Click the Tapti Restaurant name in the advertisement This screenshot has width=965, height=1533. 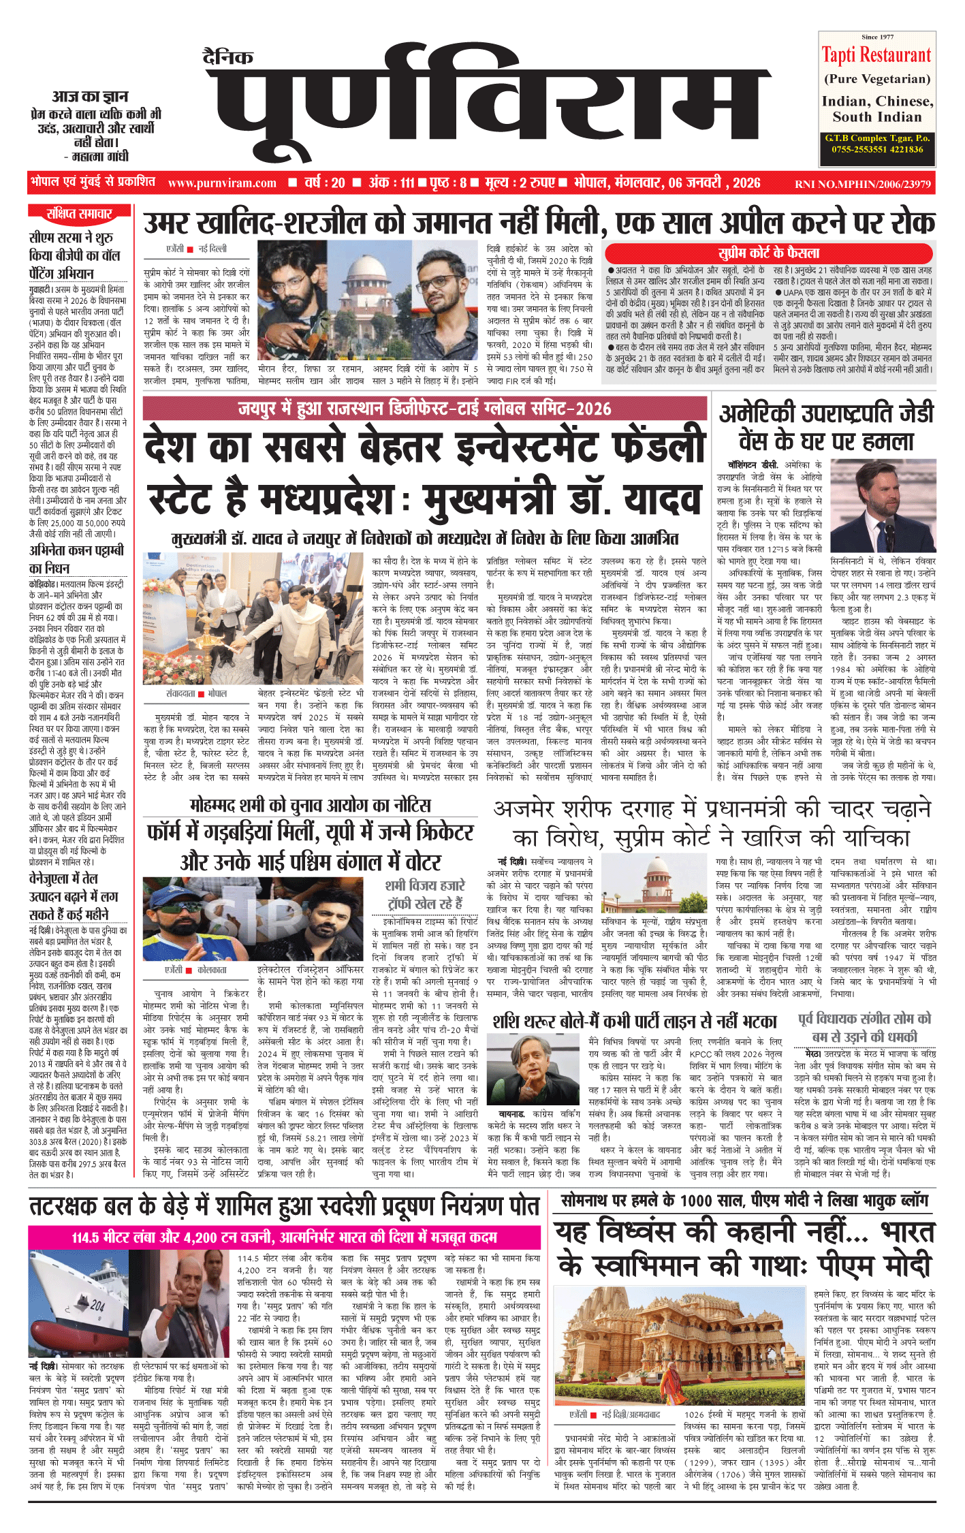click(x=876, y=55)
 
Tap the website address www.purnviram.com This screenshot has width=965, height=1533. click(x=222, y=183)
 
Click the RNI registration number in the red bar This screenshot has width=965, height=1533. click(x=862, y=184)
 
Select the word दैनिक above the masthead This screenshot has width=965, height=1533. click(x=228, y=57)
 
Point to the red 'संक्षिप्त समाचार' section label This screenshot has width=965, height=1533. click(x=78, y=214)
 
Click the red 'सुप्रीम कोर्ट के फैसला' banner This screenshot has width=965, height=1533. click(x=769, y=253)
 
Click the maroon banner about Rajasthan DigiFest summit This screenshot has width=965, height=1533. click(x=425, y=409)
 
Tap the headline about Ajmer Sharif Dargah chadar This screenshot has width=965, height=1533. click(x=711, y=823)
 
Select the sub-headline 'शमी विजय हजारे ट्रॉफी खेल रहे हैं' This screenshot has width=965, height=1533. click(x=425, y=894)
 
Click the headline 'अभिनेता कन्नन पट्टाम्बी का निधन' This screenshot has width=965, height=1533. click(x=76, y=558)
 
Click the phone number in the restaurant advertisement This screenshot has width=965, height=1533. click(x=876, y=149)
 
